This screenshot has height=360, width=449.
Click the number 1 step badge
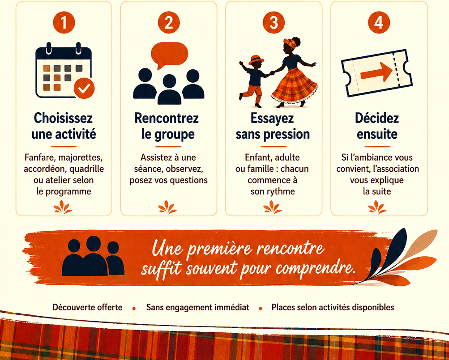point(64,23)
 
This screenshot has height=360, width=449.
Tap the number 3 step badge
point(274,23)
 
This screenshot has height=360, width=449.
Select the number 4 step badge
point(379,23)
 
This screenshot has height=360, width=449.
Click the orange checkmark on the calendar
point(84,88)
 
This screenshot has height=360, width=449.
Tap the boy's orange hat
point(256,60)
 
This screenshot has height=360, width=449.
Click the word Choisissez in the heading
point(63,118)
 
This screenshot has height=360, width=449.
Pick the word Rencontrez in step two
point(167,118)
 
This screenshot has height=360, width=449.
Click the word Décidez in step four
point(377,118)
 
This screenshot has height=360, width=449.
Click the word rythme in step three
point(280,191)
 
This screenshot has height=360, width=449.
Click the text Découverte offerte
point(87,307)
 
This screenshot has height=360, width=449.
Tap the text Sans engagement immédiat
point(197,307)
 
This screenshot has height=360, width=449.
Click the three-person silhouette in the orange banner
point(93,256)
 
